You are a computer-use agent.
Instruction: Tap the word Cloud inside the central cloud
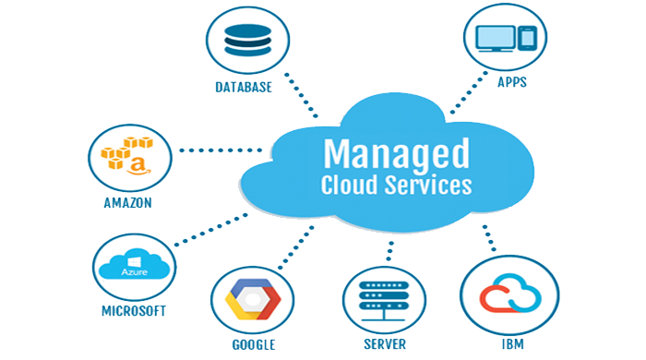350,185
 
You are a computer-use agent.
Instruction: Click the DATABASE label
244,89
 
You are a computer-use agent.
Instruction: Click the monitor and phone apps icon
503,38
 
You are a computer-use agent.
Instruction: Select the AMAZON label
129,202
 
